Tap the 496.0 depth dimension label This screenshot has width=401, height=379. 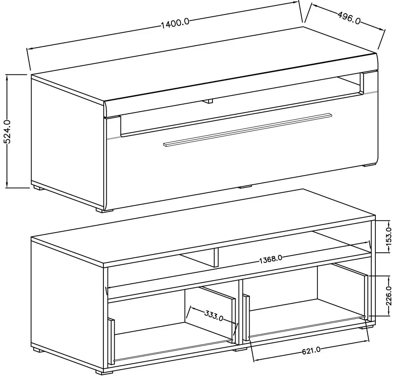coord(348,17)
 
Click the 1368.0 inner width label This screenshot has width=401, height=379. coord(271,259)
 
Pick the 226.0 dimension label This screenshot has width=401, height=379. coord(389,296)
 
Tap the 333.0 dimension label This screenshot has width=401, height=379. coord(214,316)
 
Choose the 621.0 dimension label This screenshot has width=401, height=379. coord(311,351)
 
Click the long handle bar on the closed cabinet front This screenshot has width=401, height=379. coord(247,129)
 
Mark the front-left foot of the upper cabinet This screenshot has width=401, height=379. coord(104,210)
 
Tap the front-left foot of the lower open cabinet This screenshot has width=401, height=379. coord(104,371)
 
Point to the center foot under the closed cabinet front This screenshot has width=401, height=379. coord(245,186)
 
